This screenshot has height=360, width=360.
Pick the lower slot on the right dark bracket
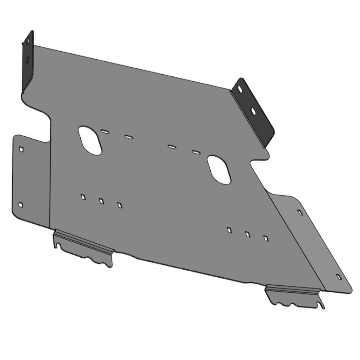(x=253, y=110)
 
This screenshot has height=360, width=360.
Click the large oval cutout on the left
(x=90, y=141)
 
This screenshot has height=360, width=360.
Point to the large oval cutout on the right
(x=219, y=170)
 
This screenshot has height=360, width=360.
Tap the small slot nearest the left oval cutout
(x=104, y=131)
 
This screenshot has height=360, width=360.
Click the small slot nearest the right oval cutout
(x=196, y=152)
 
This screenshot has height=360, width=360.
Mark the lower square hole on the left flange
(x=21, y=204)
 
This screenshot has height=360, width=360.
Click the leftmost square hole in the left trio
(x=83, y=197)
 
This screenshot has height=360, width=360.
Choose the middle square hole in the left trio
(x=102, y=201)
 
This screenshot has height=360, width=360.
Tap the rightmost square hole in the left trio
(x=120, y=205)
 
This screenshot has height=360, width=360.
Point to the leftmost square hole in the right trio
(x=229, y=230)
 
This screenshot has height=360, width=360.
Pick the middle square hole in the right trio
(x=248, y=234)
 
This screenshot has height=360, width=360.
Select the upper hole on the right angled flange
(x=299, y=212)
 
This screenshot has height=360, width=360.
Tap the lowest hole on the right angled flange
(x=339, y=277)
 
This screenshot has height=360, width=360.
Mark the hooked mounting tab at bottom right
(x=294, y=296)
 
